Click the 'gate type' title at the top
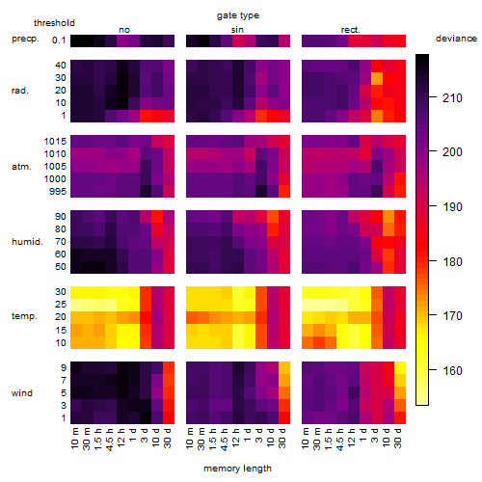[238, 15]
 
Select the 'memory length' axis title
[237, 469]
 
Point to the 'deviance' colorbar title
[456, 39]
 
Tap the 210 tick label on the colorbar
[452, 97]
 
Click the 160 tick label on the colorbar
[452, 370]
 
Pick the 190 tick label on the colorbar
[452, 206]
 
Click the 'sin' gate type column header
[237, 30]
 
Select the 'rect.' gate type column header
[350, 30]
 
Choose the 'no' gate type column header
[124, 30]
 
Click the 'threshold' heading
[54, 23]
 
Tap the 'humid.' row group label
[27, 242]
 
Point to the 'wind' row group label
[22, 393]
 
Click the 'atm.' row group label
[21, 167]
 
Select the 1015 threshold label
[55, 142]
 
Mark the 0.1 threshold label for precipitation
[59, 40]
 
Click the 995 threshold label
[58, 192]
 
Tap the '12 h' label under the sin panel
[235, 438]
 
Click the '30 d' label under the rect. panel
[397, 438]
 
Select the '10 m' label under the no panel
[74, 438]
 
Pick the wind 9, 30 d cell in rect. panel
[400, 367]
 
